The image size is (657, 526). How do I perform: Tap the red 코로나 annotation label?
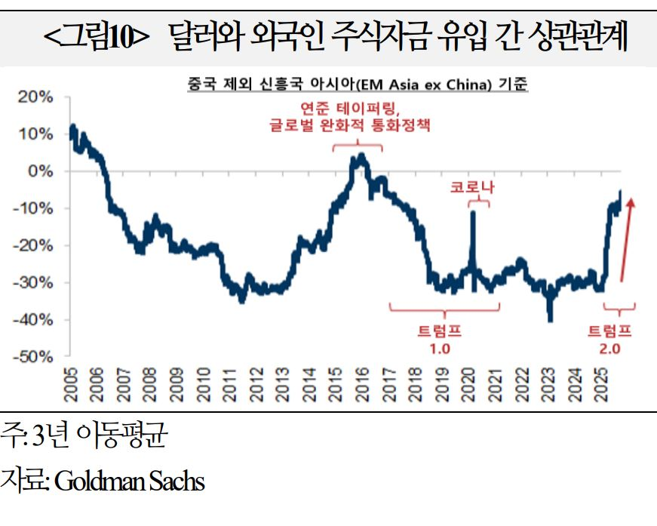tap(472, 186)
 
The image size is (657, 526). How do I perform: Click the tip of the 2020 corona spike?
tap(473, 212)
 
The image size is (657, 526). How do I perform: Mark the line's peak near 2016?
tap(362, 155)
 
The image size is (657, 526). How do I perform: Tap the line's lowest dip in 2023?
tap(551, 320)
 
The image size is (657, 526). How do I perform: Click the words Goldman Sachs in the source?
tap(129, 480)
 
